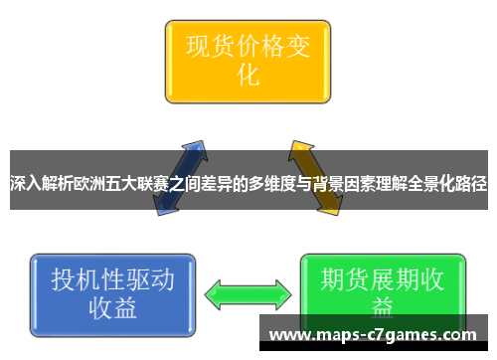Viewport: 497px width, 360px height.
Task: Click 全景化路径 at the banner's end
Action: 446,184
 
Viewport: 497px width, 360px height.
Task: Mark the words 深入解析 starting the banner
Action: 41,184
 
